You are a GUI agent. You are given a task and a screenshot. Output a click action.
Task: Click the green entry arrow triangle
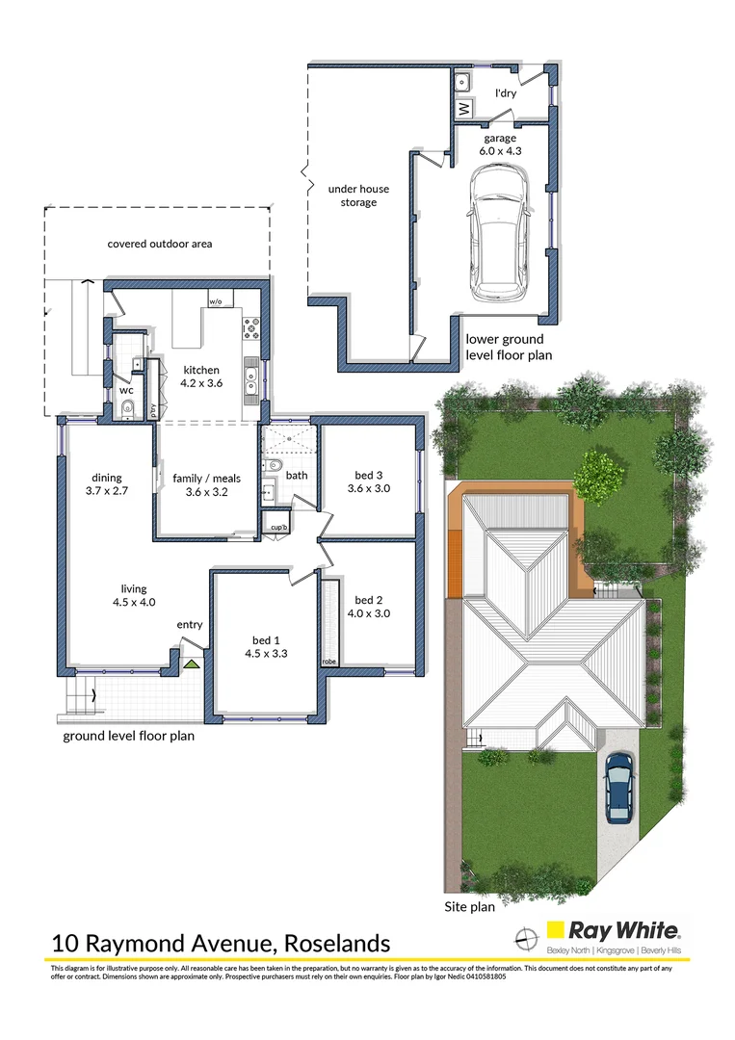click(x=191, y=663)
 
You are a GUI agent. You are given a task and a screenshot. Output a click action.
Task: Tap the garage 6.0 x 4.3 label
click(x=500, y=144)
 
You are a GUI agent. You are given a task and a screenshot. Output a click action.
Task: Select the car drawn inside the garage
click(x=498, y=231)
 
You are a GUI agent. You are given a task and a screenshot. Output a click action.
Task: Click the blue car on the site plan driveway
click(x=619, y=787)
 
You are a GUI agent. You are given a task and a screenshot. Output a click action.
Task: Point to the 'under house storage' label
click(x=352, y=195)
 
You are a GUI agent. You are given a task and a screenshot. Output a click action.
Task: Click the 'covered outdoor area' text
click(x=159, y=244)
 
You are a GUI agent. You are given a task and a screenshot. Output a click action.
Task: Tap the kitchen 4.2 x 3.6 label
click(x=202, y=377)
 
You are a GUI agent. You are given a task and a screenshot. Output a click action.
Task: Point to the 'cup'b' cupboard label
click(x=279, y=528)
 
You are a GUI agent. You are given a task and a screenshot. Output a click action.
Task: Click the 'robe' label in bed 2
click(x=329, y=662)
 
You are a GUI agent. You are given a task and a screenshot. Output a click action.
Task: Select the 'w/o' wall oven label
click(x=215, y=301)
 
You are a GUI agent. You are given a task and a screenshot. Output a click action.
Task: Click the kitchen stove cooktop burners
click(x=251, y=327)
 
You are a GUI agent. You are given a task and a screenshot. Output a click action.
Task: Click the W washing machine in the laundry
click(x=462, y=109)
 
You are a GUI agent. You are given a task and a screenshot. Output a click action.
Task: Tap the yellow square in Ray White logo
click(x=555, y=930)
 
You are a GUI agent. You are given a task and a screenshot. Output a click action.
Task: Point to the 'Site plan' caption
click(x=469, y=906)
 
